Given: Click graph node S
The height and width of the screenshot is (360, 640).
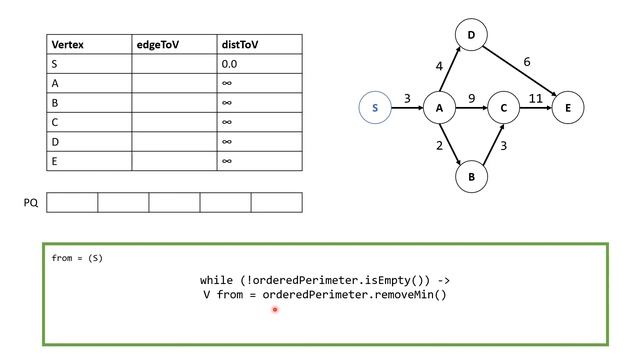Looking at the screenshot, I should click(375, 108).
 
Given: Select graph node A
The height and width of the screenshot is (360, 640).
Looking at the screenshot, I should click(439, 108).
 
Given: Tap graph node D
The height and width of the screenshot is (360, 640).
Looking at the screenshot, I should click(471, 37).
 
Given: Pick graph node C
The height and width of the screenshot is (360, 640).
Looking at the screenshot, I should click(504, 108).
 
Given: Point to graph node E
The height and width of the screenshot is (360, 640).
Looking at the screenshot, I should click(567, 108).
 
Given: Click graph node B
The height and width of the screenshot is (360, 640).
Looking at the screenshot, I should click(471, 177).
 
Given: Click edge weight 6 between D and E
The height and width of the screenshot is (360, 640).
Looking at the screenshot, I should click(527, 62).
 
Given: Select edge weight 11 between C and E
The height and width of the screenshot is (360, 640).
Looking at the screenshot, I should click(535, 99).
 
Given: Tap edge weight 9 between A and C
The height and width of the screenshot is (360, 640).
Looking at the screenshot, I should click(471, 99).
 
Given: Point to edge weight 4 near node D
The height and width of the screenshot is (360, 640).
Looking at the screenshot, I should click(438, 67).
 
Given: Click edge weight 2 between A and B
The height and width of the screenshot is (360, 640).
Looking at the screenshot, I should click(440, 146).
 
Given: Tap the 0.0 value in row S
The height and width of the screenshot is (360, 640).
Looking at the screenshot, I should click(231, 64).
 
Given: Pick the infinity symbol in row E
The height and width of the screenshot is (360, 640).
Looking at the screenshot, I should click(227, 160).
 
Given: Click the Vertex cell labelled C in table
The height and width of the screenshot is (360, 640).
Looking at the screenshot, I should click(55, 122).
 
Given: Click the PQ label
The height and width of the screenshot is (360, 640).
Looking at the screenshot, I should click(30, 203).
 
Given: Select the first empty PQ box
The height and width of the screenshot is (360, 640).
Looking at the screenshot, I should click(72, 203).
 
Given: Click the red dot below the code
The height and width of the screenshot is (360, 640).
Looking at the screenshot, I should click(274, 310).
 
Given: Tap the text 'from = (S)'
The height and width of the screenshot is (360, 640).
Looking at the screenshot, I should click(77, 259).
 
